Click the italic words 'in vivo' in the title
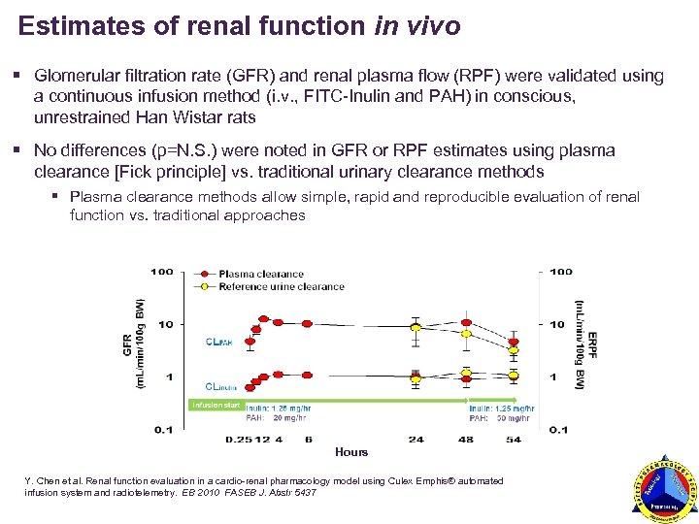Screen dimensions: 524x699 tap(416, 27)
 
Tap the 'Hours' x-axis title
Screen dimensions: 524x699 tap(350, 451)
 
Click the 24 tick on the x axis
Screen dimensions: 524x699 tap(416, 440)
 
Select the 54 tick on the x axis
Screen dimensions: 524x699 tap(514, 440)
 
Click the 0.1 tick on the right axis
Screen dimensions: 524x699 tap(559, 429)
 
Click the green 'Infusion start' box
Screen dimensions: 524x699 tap(216, 404)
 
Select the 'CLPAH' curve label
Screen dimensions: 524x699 tap(218, 341)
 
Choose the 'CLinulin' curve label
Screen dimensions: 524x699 tap(219, 386)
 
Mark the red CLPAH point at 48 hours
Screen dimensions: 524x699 tap(467, 322)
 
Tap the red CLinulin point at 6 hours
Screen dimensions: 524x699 tap(308, 374)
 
